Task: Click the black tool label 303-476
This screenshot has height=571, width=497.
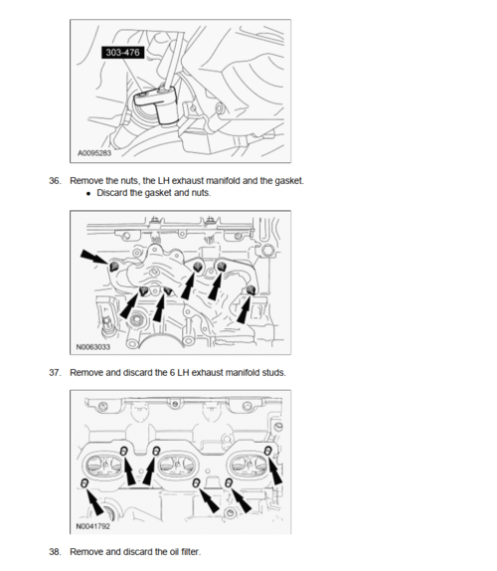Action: tap(123, 53)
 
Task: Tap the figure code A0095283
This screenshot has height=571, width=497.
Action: tap(94, 153)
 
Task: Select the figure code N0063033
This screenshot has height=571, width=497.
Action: tap(92, 347)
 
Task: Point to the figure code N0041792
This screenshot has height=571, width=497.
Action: tap(92, 526)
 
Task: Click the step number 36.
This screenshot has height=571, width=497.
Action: tap(55, 181)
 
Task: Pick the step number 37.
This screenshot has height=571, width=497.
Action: tap(55, 372)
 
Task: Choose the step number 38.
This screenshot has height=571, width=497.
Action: tap(55, 552)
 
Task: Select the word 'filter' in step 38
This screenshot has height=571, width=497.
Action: tap(191, 552)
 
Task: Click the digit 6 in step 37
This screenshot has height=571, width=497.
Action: tap(172, 372)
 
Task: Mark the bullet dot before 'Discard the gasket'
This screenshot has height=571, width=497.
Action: tap(88, 194)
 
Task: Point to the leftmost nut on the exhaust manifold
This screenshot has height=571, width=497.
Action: tap(114, 267)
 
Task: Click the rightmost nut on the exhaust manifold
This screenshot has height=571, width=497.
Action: tap(251, 289)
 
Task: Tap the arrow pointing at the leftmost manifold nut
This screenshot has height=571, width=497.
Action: tap(94, 257)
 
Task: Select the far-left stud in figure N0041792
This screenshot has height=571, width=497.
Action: tap(84, 483)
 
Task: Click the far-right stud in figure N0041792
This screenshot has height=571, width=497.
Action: tap(268, 451)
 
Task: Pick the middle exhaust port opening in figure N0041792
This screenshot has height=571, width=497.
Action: tap(178, 465)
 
